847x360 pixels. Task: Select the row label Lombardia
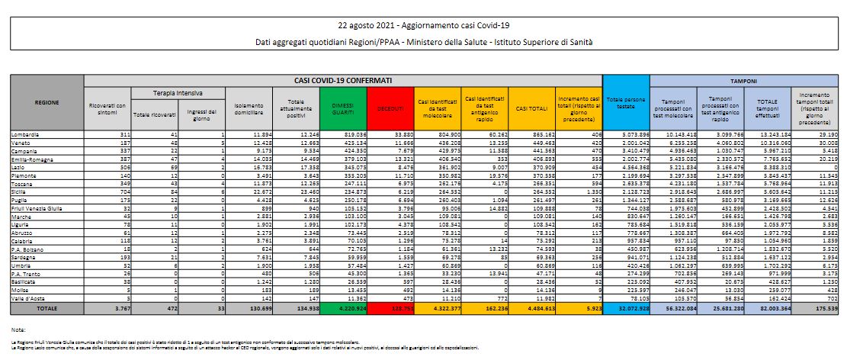click(26, 133)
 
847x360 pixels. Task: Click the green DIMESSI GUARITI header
click(343, 109)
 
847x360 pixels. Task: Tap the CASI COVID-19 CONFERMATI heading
click(343, 79)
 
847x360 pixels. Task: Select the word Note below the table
click(19, 329)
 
